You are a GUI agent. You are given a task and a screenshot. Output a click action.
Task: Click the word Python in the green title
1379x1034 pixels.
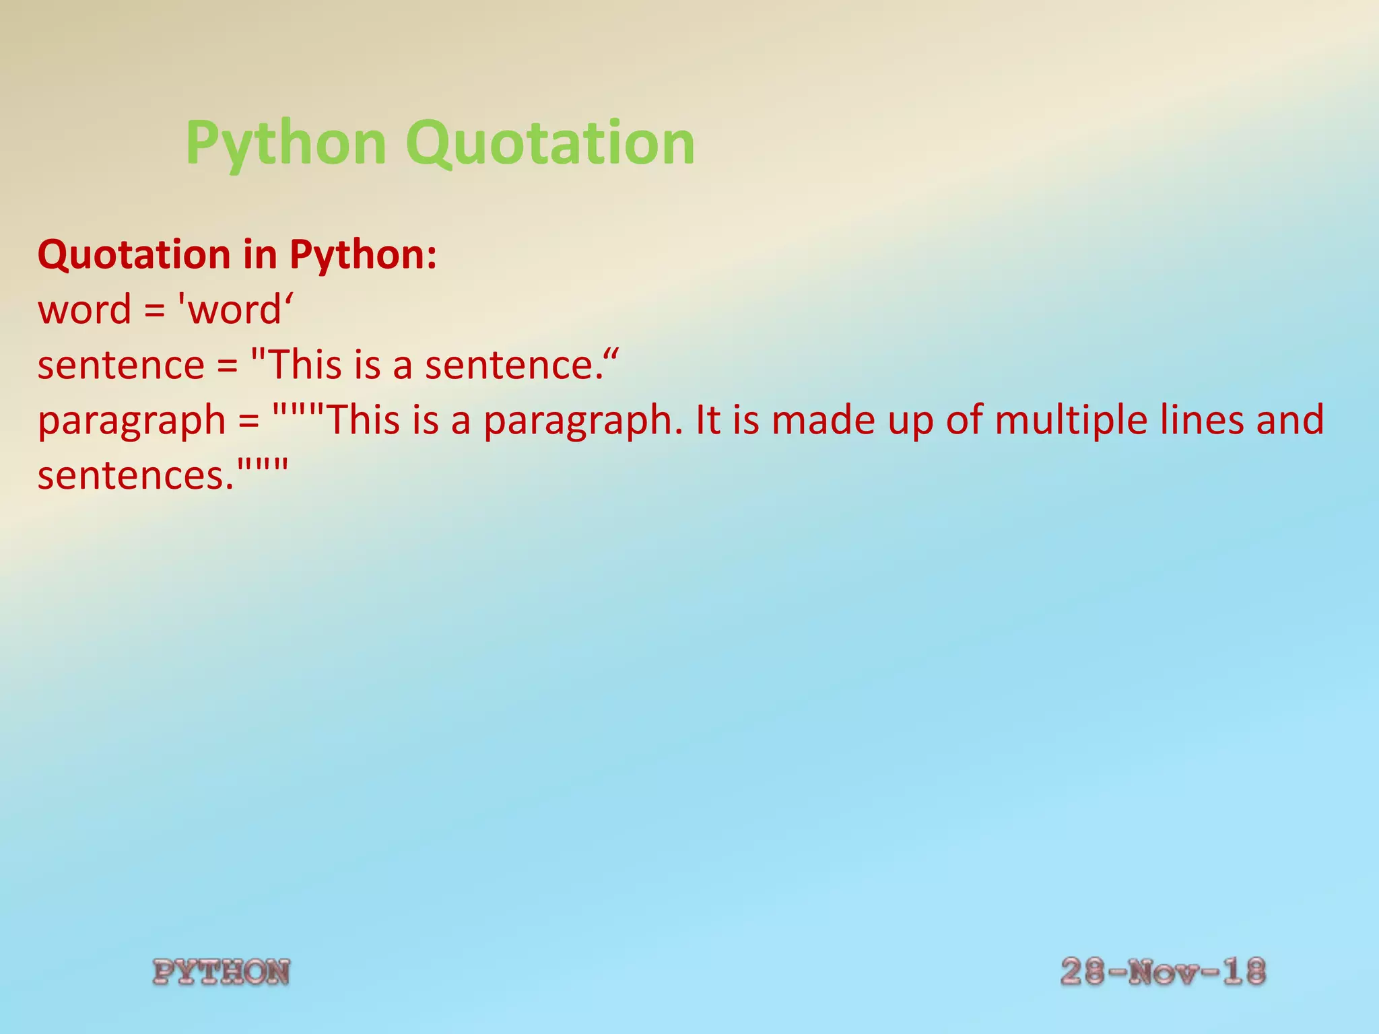tap(285, 143)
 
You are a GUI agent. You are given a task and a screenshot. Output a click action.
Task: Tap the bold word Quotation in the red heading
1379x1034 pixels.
tap(135, 255)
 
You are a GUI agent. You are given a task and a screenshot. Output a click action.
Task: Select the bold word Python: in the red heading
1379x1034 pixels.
tap(364, 255)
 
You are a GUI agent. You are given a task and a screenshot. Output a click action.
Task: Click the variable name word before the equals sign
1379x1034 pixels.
tap(84, 310)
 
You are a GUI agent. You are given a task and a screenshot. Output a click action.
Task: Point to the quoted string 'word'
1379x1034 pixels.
tap(234, 310)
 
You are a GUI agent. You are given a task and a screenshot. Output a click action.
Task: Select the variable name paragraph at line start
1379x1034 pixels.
tap(131, 421)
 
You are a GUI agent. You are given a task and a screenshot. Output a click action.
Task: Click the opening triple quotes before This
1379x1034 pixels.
tap(299, 411)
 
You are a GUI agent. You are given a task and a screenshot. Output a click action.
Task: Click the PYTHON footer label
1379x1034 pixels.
tap(221, 972)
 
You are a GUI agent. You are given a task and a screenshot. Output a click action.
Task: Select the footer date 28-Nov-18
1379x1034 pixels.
tap(1163, 971)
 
